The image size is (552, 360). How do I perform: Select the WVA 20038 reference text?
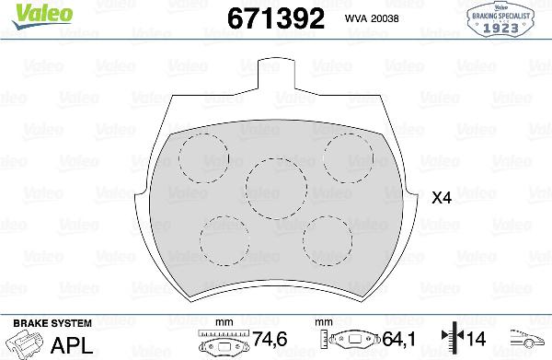click(374, 17)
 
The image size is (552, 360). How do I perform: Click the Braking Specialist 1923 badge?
click(503, 18)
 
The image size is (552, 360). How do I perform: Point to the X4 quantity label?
click(443, 197)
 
